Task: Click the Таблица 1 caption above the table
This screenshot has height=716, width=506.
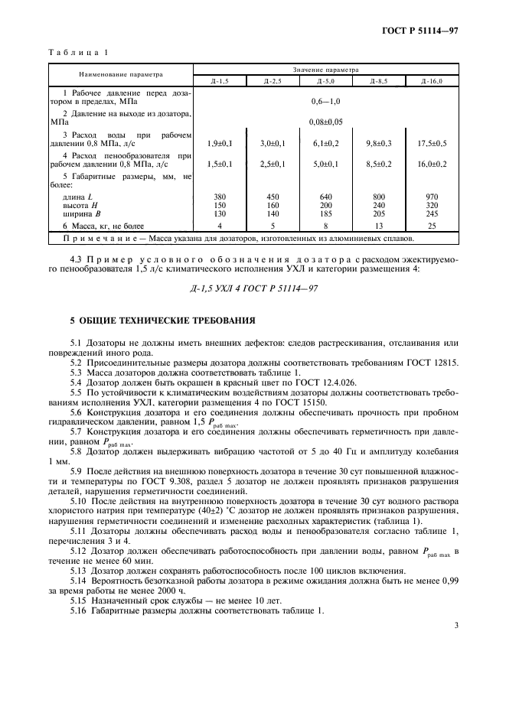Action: click(79, 53)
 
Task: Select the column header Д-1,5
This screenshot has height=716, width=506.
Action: click(219, 81)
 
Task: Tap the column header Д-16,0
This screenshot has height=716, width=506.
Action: click(432, 81)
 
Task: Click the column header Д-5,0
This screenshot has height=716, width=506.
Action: click(325, 81)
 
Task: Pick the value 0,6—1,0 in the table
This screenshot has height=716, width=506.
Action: click(325, 101)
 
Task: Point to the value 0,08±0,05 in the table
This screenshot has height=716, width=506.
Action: click(325, 122)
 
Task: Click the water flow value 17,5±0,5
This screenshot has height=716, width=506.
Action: click(432, 142)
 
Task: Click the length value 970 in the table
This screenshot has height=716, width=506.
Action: click(432, 197)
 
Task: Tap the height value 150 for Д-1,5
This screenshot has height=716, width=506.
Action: click(219, 205)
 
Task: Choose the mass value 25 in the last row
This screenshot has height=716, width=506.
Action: click(432, 226)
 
